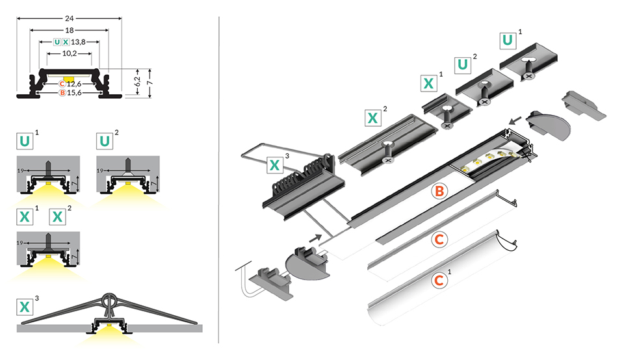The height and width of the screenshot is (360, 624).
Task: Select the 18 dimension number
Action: [x=68, y=29]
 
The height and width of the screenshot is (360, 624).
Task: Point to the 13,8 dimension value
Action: [x=78, y=42]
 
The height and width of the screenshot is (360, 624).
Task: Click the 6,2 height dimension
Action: [x=136, y=82]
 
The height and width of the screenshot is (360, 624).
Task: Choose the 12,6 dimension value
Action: [x=75, y=83]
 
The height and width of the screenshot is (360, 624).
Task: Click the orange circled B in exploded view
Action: [x=439, y=191]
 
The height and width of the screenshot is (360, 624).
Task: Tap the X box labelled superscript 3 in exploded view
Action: [x=276, y=165]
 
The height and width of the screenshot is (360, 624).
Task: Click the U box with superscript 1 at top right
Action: [x=508, y=40]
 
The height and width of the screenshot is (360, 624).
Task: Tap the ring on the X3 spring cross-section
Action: [x=108, y=301]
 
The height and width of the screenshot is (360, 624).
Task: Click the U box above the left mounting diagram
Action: [x=24, y=141]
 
